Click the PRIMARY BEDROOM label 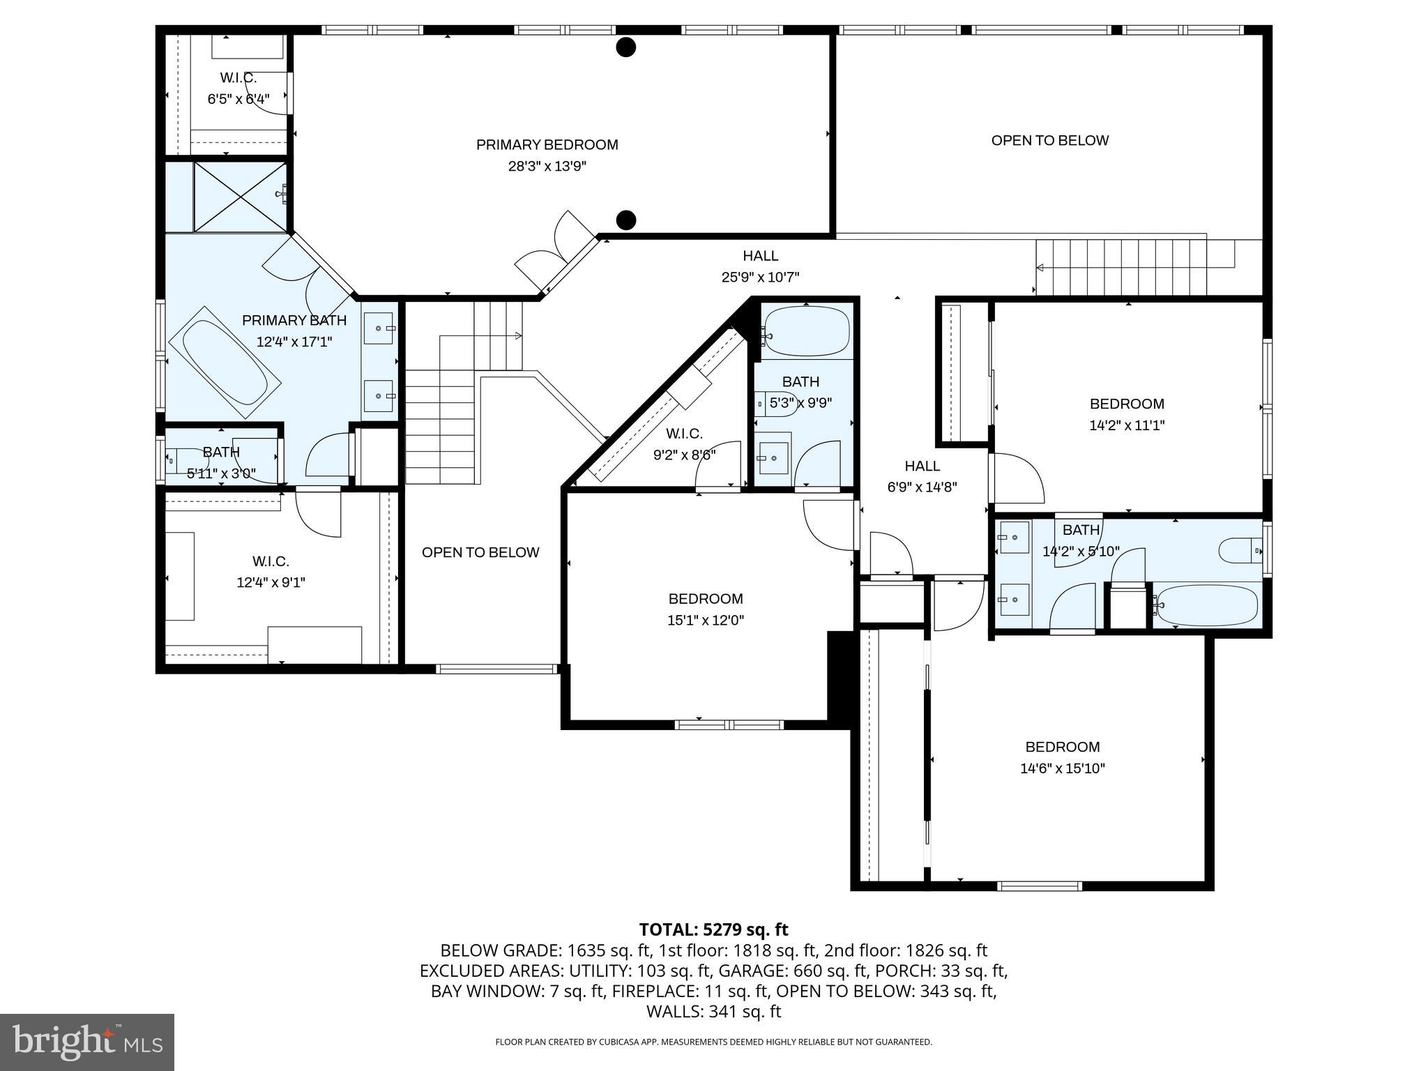(547, 145)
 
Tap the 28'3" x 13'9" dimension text (547, 167)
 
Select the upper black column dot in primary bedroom (626, 47)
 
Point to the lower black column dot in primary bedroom (626, 220)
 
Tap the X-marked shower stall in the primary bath (240, 197)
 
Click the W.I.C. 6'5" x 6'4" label (238, 89)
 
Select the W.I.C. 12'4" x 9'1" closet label (271, 572)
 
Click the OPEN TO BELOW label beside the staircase (480, 552)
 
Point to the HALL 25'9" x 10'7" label (760, 266)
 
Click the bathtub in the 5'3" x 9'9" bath (807, 332)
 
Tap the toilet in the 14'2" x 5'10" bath (1240, 551)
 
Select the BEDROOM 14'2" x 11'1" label (1127, 414)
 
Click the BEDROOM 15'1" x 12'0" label (706, 609)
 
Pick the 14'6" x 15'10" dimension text (1062, 769)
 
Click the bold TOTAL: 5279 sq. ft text (713, 929)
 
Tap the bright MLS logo (87, 1042)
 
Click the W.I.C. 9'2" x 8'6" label (684, 444)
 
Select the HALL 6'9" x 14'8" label (922, 476)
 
